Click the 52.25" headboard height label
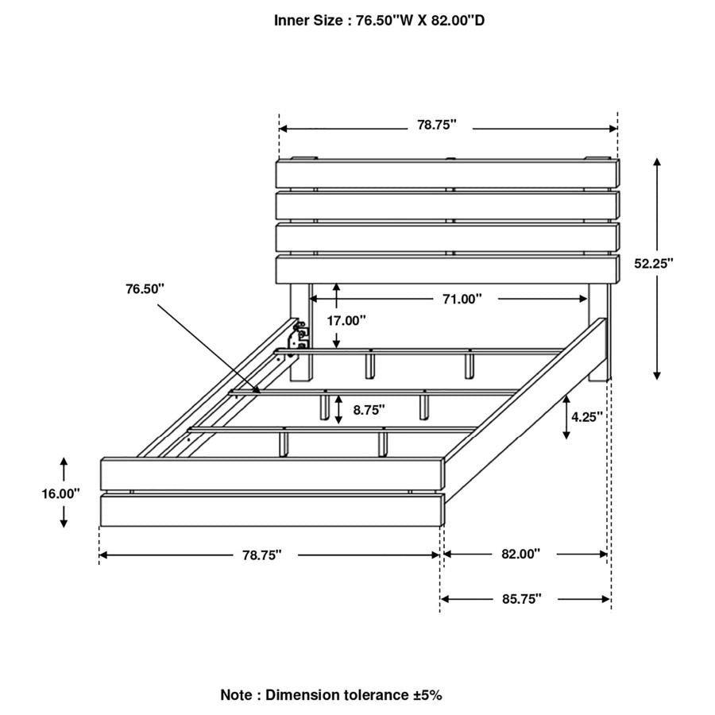point(654,263)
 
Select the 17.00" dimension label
point(346,320)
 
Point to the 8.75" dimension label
point(369,410)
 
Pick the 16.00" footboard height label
point(61,493)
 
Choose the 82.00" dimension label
point(520,554)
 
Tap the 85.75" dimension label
point(521,598)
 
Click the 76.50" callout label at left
point(145,288)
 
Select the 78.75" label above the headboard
point(437,125)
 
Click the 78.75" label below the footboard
point(262,555)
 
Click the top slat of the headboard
point(447,174)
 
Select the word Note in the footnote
point(237,694)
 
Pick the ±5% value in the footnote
point(427,694)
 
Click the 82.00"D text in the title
point(456,20)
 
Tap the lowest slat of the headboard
point(447,269)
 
